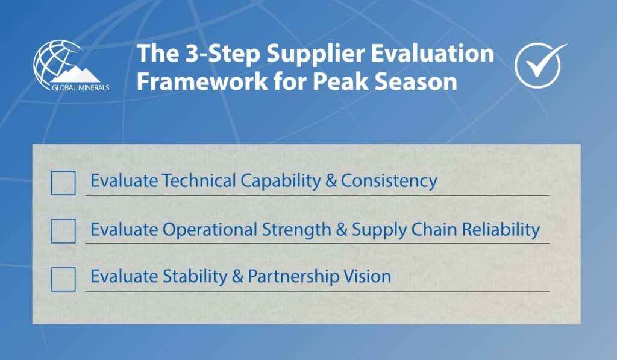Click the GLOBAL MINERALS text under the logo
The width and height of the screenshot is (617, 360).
[81, 88]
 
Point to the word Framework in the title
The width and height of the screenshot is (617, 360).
[201, 81]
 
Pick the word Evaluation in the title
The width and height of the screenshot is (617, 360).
[433, 53]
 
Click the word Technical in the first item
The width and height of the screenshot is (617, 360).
[199, 181]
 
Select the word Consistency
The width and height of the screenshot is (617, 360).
[389, 182]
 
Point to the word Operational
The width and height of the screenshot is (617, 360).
[210, 230]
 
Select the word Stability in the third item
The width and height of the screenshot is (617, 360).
[195, 277]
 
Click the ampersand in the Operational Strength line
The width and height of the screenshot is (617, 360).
[342, 230]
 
